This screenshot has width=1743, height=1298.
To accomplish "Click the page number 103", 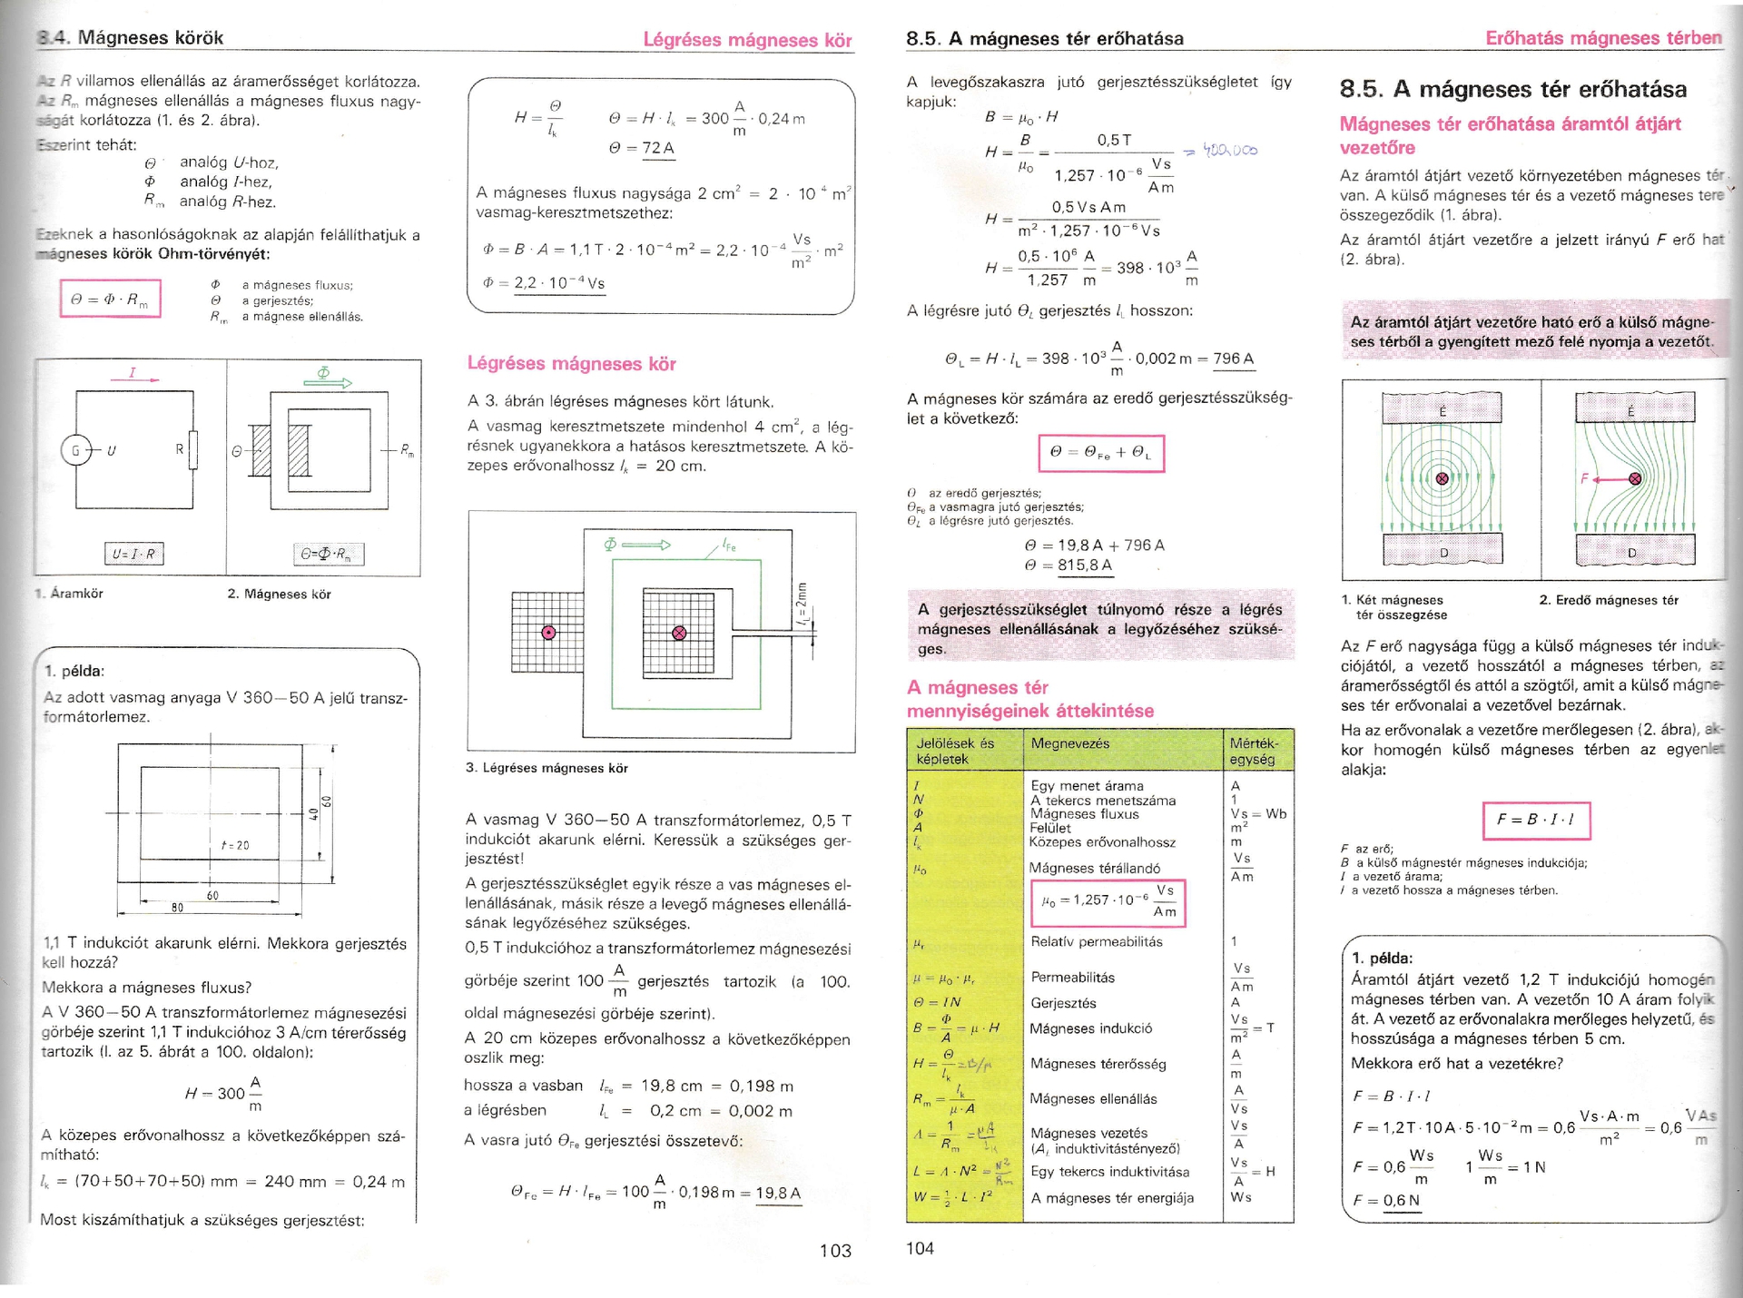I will click(x=835, y=1251).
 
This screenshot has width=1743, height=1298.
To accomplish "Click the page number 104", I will click(x=920, y=1248).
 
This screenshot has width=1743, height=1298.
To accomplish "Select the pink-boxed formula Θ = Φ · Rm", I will click(x=110, y=299).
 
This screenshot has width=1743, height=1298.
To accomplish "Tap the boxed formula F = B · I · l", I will click(x=1536, y=820).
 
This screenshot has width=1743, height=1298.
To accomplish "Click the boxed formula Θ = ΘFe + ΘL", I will click(x=1100, y=453).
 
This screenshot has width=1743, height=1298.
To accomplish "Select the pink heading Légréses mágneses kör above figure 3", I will click(x=572, y=364).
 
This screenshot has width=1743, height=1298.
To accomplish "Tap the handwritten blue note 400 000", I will click(x=1230, y=150).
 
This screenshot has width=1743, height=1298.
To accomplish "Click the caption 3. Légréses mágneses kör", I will click(x=547, y=768).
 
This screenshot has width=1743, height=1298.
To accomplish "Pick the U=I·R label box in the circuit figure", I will click(x=133, y=554).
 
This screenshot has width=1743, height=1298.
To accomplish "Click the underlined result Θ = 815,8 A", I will click(x=1068, y=565).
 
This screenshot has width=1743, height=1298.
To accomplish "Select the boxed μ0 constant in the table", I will click(x=1109, y=903).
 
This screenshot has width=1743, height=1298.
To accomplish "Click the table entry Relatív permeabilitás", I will click(x=1097, y=941).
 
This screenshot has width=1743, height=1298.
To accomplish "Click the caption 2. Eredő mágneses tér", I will click(x=1609, y=600).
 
